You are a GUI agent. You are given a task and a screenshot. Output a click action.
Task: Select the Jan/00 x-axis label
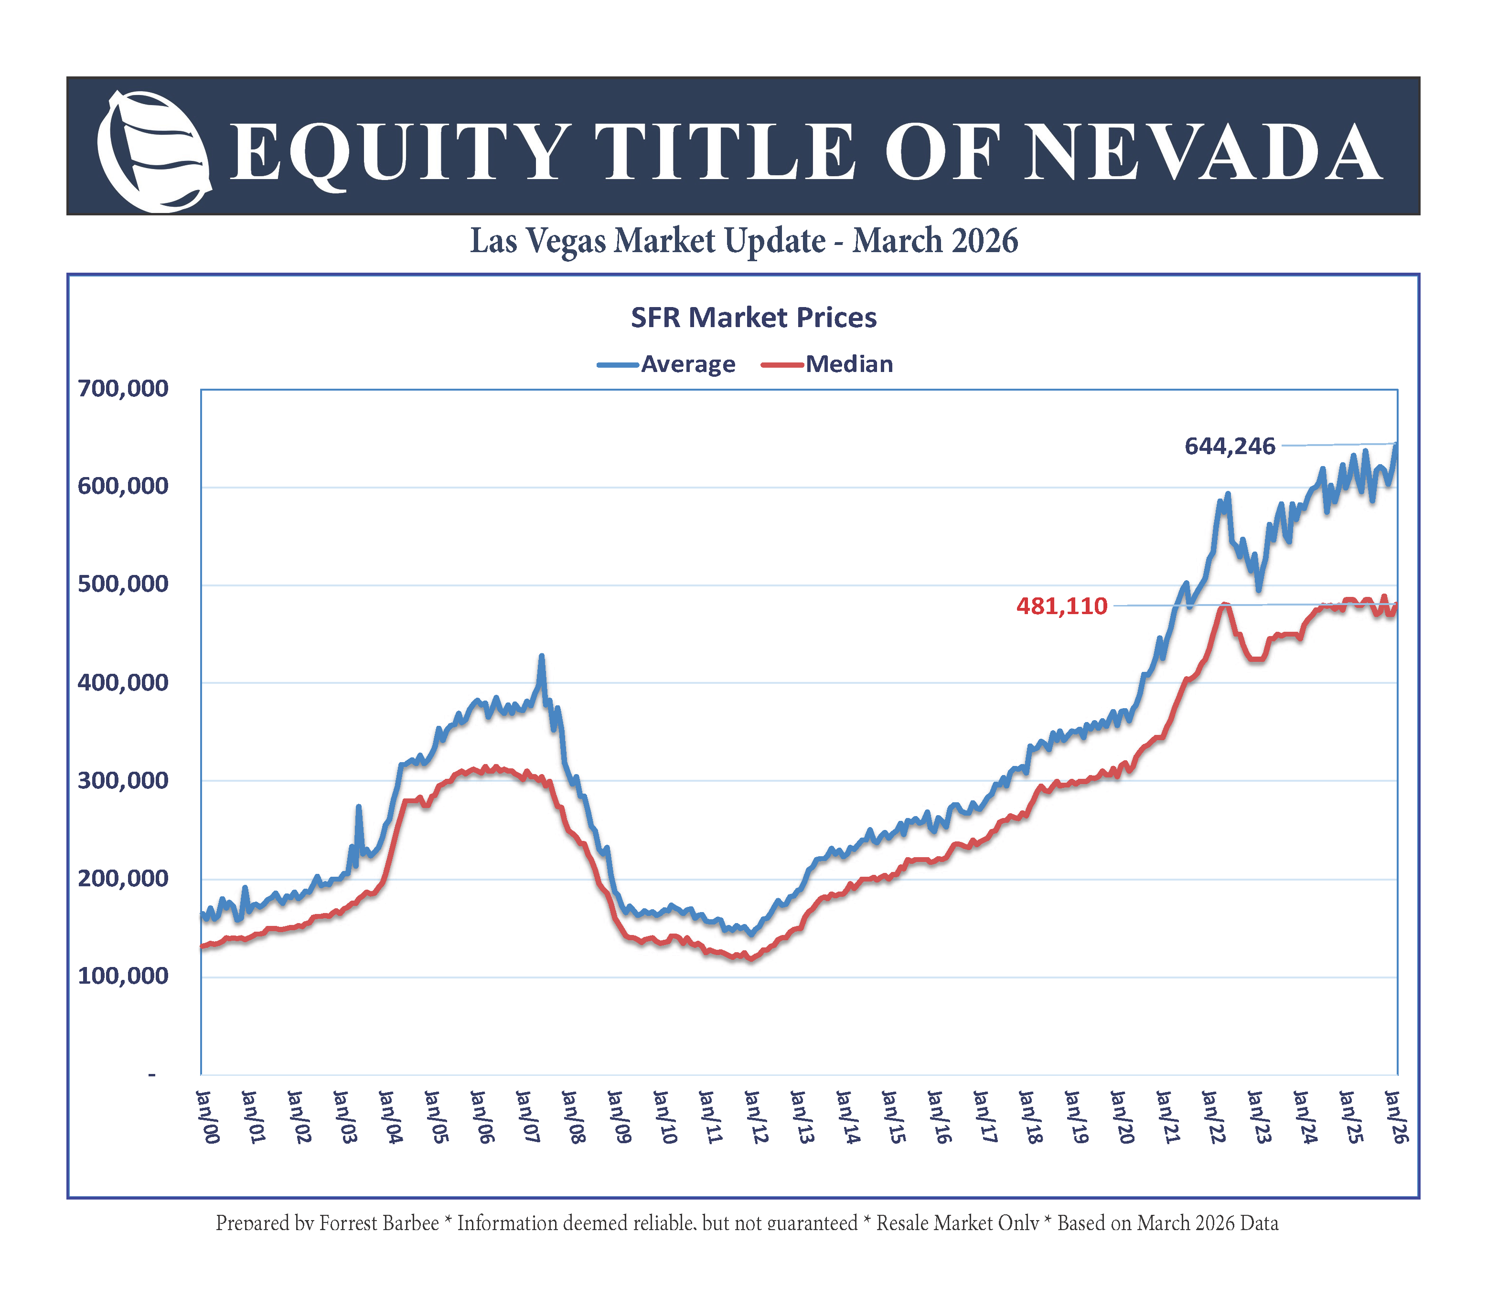pos(208,1116)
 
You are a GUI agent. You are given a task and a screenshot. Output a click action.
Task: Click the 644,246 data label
pos(1230,446)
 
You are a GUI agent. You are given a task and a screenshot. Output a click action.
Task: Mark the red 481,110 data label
pos(1061,606)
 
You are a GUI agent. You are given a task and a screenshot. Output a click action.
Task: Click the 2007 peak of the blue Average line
pos(541,656)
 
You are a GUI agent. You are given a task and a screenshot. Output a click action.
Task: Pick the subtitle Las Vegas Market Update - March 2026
pos(743,241)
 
